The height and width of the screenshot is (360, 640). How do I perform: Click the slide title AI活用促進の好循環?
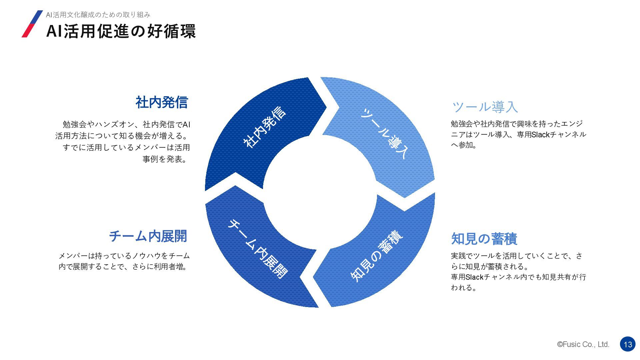coord(121,31)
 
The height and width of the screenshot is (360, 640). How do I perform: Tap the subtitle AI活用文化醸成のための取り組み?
coord(98,15)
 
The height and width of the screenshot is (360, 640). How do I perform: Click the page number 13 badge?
coord(628,344)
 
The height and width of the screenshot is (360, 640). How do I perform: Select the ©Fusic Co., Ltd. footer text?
coord(583,344)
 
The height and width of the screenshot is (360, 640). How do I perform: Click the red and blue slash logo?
coord(32,24)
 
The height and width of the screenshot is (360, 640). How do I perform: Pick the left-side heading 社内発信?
coord(162,102)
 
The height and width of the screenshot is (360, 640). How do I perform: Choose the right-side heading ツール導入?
coord(485,107)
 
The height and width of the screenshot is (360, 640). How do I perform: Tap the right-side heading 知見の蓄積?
coord(484,239)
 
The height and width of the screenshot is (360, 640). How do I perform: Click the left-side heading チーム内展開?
coord(148,236)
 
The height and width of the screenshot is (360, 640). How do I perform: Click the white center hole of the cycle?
coord(320,192)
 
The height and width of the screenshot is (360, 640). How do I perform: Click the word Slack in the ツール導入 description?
coord(540,134)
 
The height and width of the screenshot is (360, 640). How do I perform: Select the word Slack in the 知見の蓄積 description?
coord(474,277)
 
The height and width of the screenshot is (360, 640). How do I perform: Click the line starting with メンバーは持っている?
coord(124,256)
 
